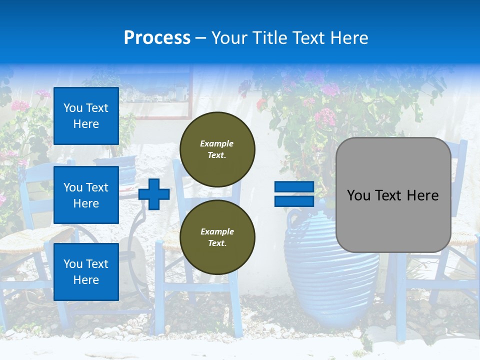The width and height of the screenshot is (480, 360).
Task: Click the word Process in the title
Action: pyautogui.click(x=157, y=38)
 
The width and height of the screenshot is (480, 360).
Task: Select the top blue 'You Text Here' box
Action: pyautogui.click(x=86, y=116)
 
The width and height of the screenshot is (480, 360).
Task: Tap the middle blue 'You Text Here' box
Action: pyautogui.click(x=86, y=195)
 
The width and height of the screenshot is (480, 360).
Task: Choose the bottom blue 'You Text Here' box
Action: pyautogui.click(x=86, y=271)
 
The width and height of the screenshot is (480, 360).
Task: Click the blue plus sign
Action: pyautogui.click(x=154, y=194)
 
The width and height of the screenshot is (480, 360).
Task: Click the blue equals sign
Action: pyautogui.click(x=294, y=194)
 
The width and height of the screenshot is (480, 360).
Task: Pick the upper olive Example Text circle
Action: pyautogui.click(x=217, y=149)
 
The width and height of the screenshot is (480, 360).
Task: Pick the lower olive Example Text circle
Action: pyautogui.click(x=217, y=237)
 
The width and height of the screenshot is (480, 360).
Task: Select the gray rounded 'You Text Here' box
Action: pyautogui.click(x=393, y=195)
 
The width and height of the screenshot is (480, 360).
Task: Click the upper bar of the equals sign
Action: pyautogui.click(x=294, y=187)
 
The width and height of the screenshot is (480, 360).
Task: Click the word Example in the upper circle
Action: pyautogui.click(x=216, y=143)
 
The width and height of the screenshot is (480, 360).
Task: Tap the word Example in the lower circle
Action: pyautogui.click(x=217, y=231)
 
